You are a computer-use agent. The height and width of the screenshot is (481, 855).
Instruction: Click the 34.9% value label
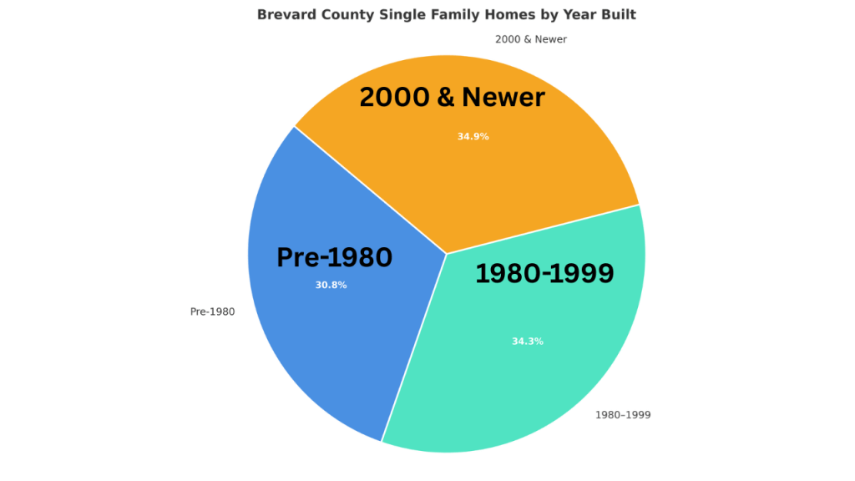(x=473, y=136)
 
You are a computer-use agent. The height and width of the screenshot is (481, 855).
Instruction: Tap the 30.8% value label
(x=331, y=285)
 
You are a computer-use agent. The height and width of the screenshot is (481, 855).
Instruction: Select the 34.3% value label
(x=527, y=341)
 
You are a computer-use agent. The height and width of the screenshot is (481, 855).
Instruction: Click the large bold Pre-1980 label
(x=334, y=258)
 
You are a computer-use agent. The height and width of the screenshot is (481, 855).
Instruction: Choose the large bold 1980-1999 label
(x=544, y=273)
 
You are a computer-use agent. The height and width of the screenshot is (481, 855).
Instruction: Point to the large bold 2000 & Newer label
(x=452, y=98)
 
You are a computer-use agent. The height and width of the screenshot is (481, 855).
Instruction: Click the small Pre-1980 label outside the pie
(x=212, y=311)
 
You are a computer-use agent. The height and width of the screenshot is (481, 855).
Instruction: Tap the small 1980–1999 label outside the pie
(x=622, y=414)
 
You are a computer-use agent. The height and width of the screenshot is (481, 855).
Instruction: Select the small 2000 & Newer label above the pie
(x=530, y=39)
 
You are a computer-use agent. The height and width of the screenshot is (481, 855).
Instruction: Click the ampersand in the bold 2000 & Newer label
(x=444, y=98)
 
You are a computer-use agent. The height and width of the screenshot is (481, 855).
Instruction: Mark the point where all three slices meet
(x=447, y=253)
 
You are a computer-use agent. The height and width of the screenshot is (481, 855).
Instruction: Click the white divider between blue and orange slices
(x=371, y=190)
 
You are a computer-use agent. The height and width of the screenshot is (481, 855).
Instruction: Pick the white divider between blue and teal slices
(x=414, y=347)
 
